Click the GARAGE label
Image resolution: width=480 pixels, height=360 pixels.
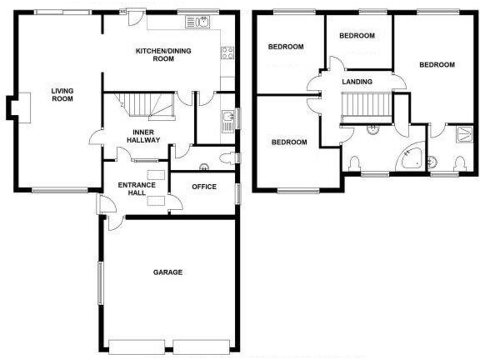pyautogui.click(x=168, y=272)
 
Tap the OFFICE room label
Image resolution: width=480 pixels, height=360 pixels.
pyautogui.click(x=204, y=187)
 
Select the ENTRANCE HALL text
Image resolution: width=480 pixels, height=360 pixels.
pyautogui.click(x=137, y=189)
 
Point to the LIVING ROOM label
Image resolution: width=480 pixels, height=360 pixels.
pyautogui.click(x=62, y=94)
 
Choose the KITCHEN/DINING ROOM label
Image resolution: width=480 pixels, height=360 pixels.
pyautogui.click(x=163, y=55)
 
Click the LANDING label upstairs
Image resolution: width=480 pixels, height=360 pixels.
pyautogui.click(x=357, y=82)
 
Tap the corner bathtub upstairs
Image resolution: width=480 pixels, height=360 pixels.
pyautogui.click(x=412, y=156)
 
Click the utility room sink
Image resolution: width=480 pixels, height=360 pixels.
pyautogui.click(x=227, y=117)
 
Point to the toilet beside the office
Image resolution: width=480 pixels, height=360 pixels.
pyautogui.click(x=230, y=158)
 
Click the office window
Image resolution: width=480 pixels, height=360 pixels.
pyautogui.click(x=236, y=194)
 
